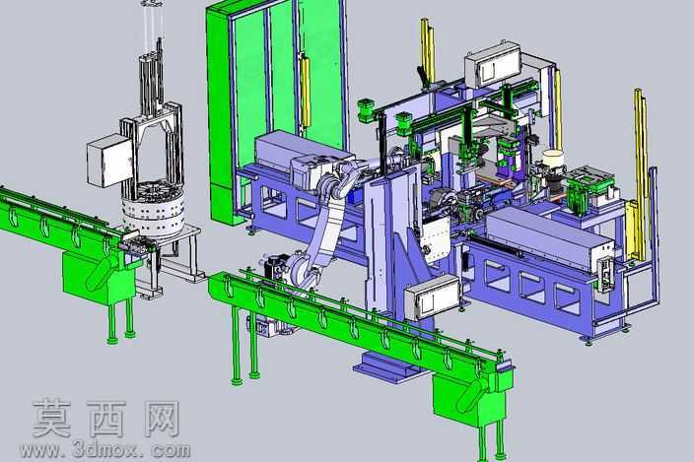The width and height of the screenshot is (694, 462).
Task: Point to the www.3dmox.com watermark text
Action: pyautogui.click(x=104, y=450)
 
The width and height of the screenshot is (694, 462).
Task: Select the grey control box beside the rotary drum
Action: pyautogui.click(x=109, y=160)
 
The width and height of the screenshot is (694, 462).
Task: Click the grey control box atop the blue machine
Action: pyautogui.click(x=493, y=65)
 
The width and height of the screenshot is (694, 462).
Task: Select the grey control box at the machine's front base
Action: pyautogui.click(x=432, y=297)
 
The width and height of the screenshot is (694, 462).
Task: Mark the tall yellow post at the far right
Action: pyautogui.click(x=642, y=174)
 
